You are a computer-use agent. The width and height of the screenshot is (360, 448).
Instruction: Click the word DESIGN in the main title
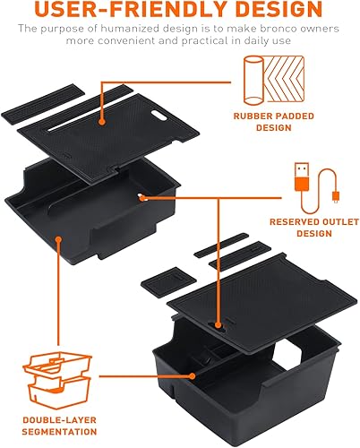pyautogui.click(x=270, y=10)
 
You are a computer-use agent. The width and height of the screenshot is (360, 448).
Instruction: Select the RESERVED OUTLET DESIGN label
pyautogui.click(x=300, y=228)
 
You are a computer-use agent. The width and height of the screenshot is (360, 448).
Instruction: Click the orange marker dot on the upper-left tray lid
pyautogui.click(x=104, y=119)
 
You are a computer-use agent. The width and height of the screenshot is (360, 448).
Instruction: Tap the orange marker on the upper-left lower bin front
pyautogui.click(x=57, y=239)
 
